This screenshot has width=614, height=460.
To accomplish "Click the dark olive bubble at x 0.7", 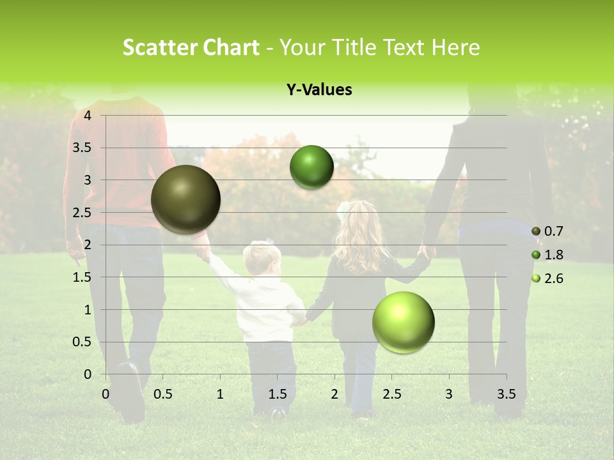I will click(185, 199).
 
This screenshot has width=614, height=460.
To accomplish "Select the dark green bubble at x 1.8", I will click(311, 167).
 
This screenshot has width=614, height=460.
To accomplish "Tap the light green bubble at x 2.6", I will click(403, 322).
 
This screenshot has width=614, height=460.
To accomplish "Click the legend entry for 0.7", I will click(547, 231).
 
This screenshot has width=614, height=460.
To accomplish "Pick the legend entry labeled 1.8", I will click(547, 255).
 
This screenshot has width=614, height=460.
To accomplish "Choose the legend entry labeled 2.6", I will click(547, 279).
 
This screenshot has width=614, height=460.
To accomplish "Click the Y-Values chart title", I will click(319, 90).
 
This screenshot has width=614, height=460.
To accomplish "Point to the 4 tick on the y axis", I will click(88, 115).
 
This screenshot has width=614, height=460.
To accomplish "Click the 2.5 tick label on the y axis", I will click(83, 212).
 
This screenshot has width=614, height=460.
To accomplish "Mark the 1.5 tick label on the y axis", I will click(83, 277).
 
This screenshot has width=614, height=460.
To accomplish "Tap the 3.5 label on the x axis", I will click(506, 394).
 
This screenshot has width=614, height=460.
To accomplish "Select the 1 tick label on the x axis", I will click(220, 394).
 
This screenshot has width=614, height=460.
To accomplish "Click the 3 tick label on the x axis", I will click(448, 394).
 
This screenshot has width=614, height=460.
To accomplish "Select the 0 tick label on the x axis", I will click(106, 394).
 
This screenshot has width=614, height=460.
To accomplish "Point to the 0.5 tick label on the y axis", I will click(83, 342).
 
